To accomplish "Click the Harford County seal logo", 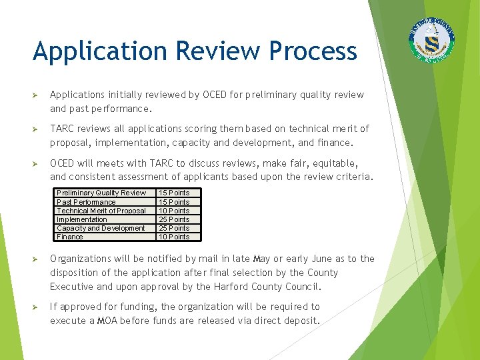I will pos(434,40).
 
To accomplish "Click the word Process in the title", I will pos(313,51).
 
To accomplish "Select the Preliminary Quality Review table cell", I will pos(101,193).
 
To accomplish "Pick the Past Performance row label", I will pos(86,202).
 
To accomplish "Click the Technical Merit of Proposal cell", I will pos(101,211).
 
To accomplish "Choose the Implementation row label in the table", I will pos(82,219).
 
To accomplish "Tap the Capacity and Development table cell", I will pos(101,228).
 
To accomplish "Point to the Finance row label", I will pos(70,237).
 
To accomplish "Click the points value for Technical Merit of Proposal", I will pos(173,211).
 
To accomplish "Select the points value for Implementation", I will pos(173,219).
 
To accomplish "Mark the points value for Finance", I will pos(173,237).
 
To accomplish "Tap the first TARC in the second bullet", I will pos(63,129).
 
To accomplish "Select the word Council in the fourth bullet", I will pos(301,287).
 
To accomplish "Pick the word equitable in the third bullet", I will pos(335,163).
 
